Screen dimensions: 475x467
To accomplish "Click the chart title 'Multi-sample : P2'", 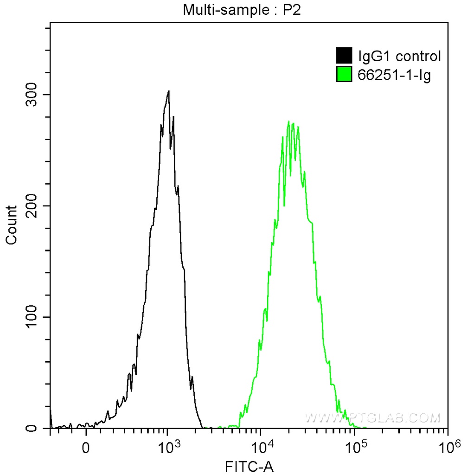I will [x=243, y=11].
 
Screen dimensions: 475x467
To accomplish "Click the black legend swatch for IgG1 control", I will [x=344, y=56].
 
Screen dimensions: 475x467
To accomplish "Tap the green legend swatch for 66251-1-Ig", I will [x=344, y=74].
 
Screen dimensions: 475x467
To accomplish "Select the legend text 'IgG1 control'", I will [x=399, y=57].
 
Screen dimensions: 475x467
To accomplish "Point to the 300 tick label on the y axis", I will [x=31, y=95].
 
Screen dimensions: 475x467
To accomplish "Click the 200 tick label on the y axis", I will [x=31, y=206].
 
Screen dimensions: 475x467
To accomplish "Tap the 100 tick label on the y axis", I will [x=31, y=317].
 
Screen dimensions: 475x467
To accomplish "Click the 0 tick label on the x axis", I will [x=86, y=449].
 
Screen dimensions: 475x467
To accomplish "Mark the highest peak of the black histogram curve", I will [x=169, y=91].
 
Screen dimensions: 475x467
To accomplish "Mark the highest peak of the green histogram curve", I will [x=289, y=122].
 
